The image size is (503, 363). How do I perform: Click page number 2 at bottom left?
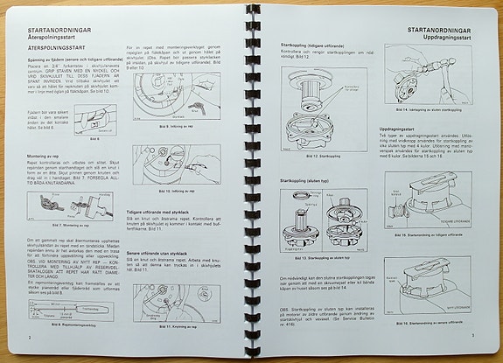[x=30, y=335]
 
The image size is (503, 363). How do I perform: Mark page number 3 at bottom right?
[x=472, y=334]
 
